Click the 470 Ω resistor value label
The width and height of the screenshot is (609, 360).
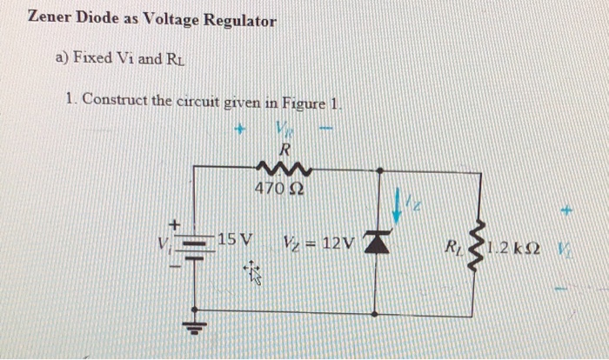point(272,188)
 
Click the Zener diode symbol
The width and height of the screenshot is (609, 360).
point(375,243)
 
